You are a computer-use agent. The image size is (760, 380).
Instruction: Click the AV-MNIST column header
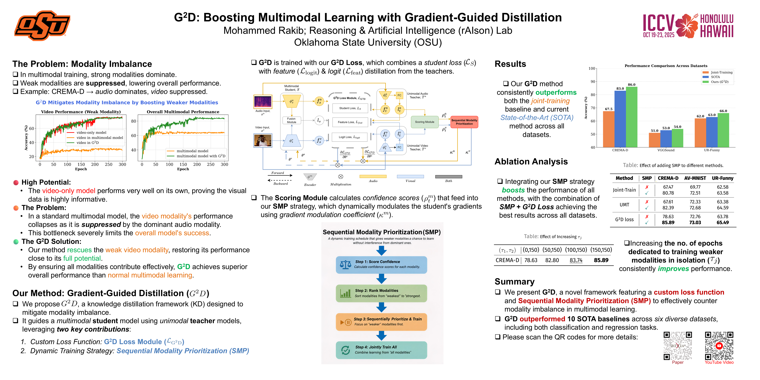click(695, 178)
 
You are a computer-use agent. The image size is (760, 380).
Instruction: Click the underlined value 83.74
click(576, 260)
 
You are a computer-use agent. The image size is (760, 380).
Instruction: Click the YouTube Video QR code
click(719, 346)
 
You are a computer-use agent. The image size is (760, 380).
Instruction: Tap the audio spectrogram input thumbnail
click(263, 102)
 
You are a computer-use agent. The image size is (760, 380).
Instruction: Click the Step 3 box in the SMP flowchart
click(381, 322)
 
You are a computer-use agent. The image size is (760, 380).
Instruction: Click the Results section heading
click(510, 64)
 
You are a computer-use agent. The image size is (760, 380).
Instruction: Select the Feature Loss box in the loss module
click(350, 122)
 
